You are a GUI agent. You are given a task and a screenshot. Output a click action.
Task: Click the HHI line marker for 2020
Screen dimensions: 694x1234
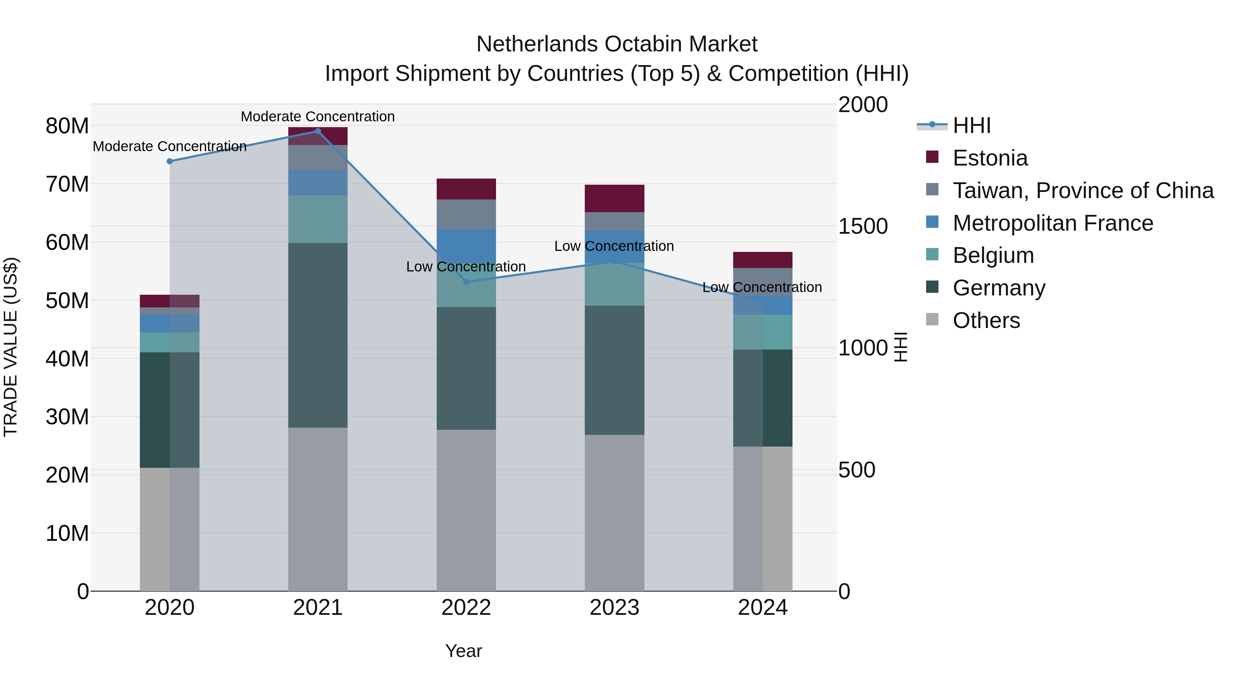pos(170,161)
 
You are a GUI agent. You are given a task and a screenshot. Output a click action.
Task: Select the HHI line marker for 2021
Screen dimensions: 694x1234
pos(318,131)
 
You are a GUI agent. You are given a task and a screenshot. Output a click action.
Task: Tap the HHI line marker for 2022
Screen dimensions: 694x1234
pos(466,282)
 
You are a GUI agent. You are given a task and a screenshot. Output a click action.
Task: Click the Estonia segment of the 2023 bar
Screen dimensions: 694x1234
pos(614,198)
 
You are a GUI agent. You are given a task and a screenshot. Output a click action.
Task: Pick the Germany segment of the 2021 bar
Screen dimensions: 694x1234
pos(318,335)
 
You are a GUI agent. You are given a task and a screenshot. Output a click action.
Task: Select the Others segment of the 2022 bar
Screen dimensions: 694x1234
pos(466,510)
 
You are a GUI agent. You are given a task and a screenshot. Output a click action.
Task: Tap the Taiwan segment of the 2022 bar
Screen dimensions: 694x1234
pos(466,214)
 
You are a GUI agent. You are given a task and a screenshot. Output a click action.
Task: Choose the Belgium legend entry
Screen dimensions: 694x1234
pos(993,255)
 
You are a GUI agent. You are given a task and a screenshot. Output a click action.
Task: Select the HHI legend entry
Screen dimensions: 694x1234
pos(971,125)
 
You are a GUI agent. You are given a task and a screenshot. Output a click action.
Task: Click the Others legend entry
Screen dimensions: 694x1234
pos(986,320)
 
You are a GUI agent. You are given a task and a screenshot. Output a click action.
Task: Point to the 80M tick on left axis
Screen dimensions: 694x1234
pos(67,126)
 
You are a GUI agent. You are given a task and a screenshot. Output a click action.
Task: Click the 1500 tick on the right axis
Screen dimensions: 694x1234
pos(863,226)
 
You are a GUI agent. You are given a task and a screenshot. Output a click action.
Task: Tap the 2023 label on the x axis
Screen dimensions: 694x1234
pos(614,608)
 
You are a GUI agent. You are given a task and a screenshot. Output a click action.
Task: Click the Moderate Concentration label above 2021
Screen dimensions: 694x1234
pos(318,117)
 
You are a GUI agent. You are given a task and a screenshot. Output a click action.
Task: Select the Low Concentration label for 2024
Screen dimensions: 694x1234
pos(762,288)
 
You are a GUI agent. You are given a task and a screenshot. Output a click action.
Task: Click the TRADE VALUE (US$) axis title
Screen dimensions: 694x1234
pos(11,347)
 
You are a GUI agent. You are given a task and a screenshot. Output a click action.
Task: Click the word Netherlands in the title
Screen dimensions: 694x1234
pos(536,44)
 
